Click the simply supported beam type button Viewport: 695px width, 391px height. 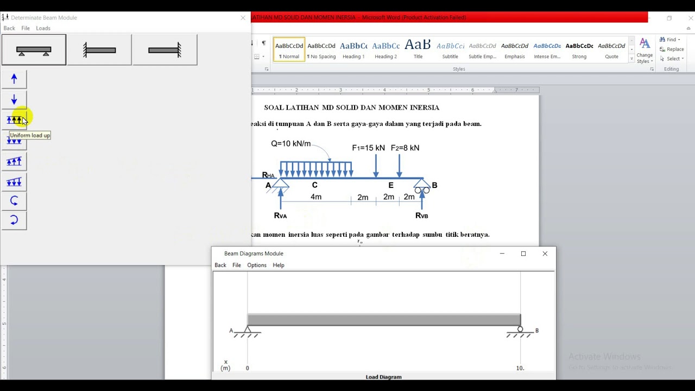tap(34, 50)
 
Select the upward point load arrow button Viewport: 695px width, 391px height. tap(14, 79)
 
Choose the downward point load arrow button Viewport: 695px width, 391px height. tap(14, 100)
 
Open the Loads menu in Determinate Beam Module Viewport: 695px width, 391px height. tap(43, 28)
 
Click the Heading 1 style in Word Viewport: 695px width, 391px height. tap(353, 49)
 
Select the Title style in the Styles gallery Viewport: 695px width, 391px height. tap(418, 49)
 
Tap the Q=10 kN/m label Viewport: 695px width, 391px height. tap(291, 144)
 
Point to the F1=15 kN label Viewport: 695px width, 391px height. tap(368, 148)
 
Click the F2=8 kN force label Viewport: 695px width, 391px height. tap(405, 148)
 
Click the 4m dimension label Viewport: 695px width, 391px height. tap(316, 197)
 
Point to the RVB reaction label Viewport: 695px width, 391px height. tap(421, 216)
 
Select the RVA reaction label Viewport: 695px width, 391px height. tap(280, 216)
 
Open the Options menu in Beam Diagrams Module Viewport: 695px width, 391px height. tap(257, 265)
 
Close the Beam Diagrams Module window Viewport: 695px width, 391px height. tap(545, 254)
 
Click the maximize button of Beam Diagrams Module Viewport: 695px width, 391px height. tap(523, 254)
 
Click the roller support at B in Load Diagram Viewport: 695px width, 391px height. tap(520, 330)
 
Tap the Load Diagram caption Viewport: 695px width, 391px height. tap(383, 377)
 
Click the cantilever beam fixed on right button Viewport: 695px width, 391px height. tap(165, 50)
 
